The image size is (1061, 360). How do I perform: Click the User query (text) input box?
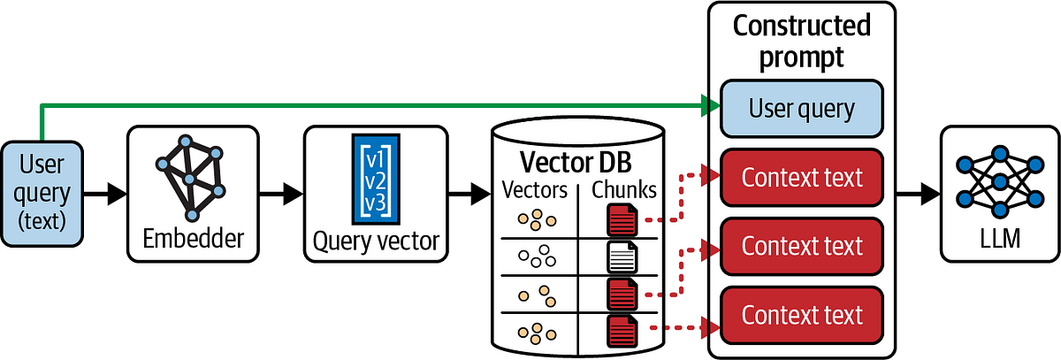coord(42,194)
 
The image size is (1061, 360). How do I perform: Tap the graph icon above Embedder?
coord(190,178)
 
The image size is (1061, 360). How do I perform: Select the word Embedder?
coord(194,238)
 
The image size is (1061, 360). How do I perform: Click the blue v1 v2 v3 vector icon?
coord(376,179)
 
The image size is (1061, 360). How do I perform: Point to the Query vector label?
coord(376,241)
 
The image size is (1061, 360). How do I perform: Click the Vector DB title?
coord(576,163)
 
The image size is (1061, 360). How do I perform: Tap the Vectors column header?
coord(535,190)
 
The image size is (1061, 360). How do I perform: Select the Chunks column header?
coord(624,190)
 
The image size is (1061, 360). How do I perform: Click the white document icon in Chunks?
coord(622,257)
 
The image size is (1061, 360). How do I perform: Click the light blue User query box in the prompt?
coord(801,109)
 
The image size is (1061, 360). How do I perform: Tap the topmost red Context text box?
coord(801,177)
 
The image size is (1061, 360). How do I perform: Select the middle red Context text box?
coord(801,246)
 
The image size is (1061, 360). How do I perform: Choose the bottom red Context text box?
coord(801,315)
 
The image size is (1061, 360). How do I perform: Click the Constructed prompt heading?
coord(801,41)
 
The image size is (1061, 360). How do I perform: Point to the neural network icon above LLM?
coord(1000,182)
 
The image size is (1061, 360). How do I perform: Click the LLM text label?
coord(1000,238)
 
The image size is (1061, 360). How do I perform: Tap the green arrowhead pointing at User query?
coord(711,105)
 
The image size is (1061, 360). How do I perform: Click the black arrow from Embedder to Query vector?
coord(281,194)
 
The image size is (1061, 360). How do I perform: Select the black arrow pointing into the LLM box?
coord(919,194)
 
